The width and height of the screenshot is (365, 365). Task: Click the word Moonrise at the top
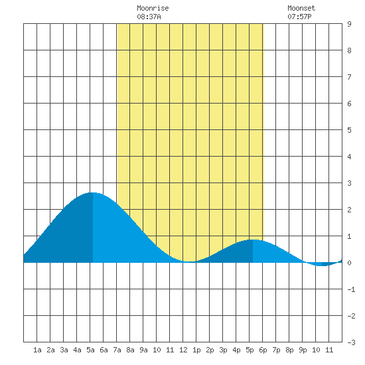tap(153, 8)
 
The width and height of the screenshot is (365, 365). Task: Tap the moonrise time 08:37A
tap(149, 17)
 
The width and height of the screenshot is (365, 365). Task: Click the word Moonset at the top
tap(301, 8)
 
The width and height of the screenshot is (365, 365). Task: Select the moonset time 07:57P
tap(299, 17)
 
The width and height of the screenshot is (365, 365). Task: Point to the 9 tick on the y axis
tap(349, 24)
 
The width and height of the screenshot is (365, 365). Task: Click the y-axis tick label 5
tap(349, 130)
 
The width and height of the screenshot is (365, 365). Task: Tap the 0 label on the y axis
tap(349, 263)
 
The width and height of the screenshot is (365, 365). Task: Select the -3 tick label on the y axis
tap(351, 342)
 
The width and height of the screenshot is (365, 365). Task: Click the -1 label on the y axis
tap(351, 289)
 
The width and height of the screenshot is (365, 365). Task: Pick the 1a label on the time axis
tap(37, 350)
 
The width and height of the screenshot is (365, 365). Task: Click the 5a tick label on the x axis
tap(90, 350)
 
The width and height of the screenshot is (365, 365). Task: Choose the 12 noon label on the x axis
tap(183, 350)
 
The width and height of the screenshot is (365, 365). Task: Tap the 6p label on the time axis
tap(263, 350)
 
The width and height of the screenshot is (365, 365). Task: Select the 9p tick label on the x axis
tap(303, 350)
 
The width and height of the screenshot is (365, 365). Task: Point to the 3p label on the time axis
tap(223, 350)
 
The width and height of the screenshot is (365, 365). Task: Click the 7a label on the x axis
tap(117, 350)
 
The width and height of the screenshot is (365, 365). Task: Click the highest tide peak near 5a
tap(93, 192)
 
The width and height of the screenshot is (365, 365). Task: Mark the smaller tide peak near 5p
tap(253, 240)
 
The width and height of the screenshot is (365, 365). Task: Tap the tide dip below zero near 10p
tap(322, 265)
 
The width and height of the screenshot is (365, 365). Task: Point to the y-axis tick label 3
tap(349, 183)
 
